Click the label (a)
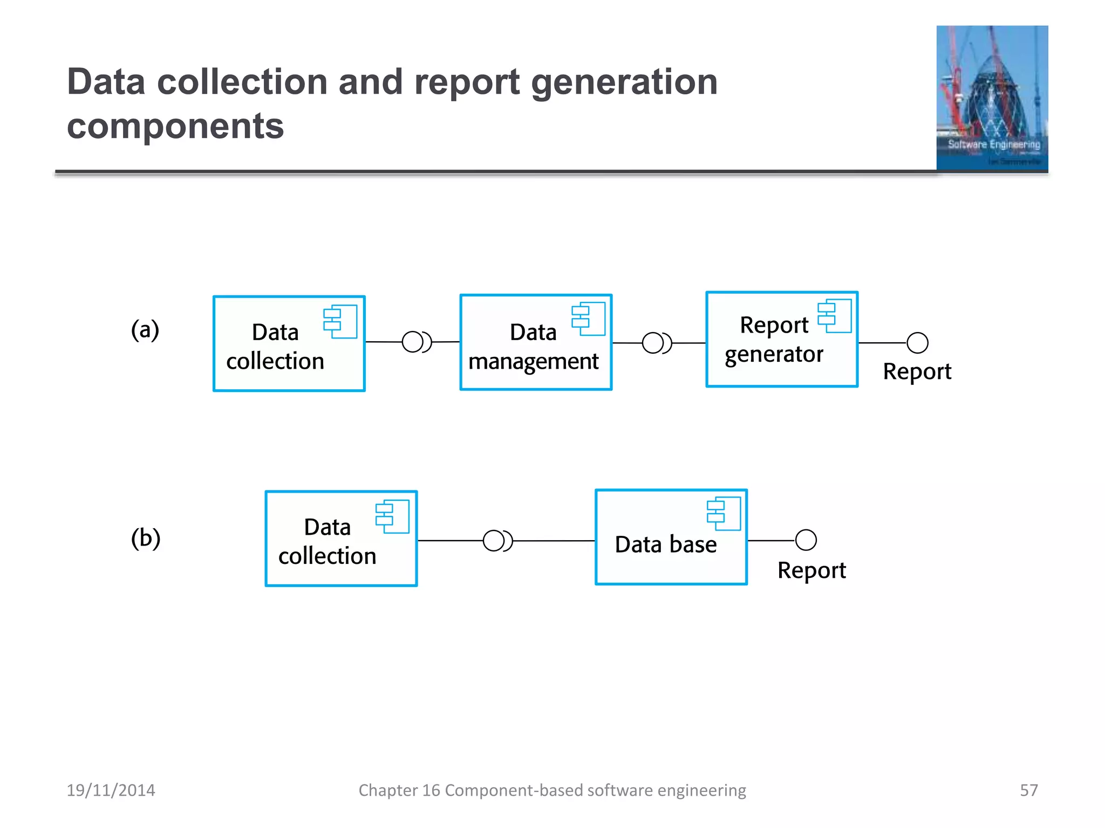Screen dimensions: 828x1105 pos(145,329)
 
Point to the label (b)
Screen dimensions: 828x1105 pos(146,538)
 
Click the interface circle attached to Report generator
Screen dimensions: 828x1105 pos(917,343)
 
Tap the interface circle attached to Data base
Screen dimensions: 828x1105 pos(806,540)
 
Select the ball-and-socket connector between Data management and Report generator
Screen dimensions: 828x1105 pos(656,343)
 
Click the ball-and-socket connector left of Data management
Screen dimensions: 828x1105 pos(416,342)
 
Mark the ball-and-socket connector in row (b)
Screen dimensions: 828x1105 pos(497,541)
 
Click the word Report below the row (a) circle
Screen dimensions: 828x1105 pos(917,372)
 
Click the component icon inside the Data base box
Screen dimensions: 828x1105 pos(724,513)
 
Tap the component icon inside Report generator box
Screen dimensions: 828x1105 pos(834,316)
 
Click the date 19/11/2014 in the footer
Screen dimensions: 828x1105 pos(111,790)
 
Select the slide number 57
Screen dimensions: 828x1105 pos(1028,790)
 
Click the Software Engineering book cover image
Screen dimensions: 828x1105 pos(992,98)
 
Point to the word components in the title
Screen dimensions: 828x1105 pos(175,127)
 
